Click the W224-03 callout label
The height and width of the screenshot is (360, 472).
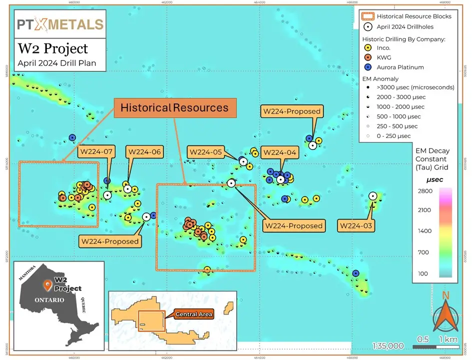click(356, 226)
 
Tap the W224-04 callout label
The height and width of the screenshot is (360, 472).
click(279, 152)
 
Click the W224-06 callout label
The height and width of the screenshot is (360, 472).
click(145, 152)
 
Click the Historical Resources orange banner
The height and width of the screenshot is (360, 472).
click(174, 108)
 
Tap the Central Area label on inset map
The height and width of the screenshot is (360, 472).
click(194, 314)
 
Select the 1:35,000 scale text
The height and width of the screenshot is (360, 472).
click(388, 346)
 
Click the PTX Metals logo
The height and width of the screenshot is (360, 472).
click(59, 24)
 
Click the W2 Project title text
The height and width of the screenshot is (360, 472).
click(53, 48)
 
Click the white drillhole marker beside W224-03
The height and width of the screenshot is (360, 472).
click(373, 196)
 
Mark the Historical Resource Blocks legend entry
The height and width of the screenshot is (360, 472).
click(407, 16)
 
